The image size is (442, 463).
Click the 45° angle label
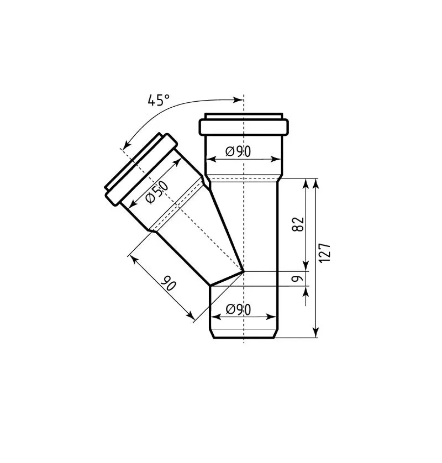click(159, 100)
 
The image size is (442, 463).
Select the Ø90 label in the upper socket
click(238, 152)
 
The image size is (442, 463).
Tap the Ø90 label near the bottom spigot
click(238, 309)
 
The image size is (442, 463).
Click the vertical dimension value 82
click(298, 224)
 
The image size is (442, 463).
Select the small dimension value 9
click(297, 279)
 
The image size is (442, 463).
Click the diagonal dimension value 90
click(168, 283)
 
